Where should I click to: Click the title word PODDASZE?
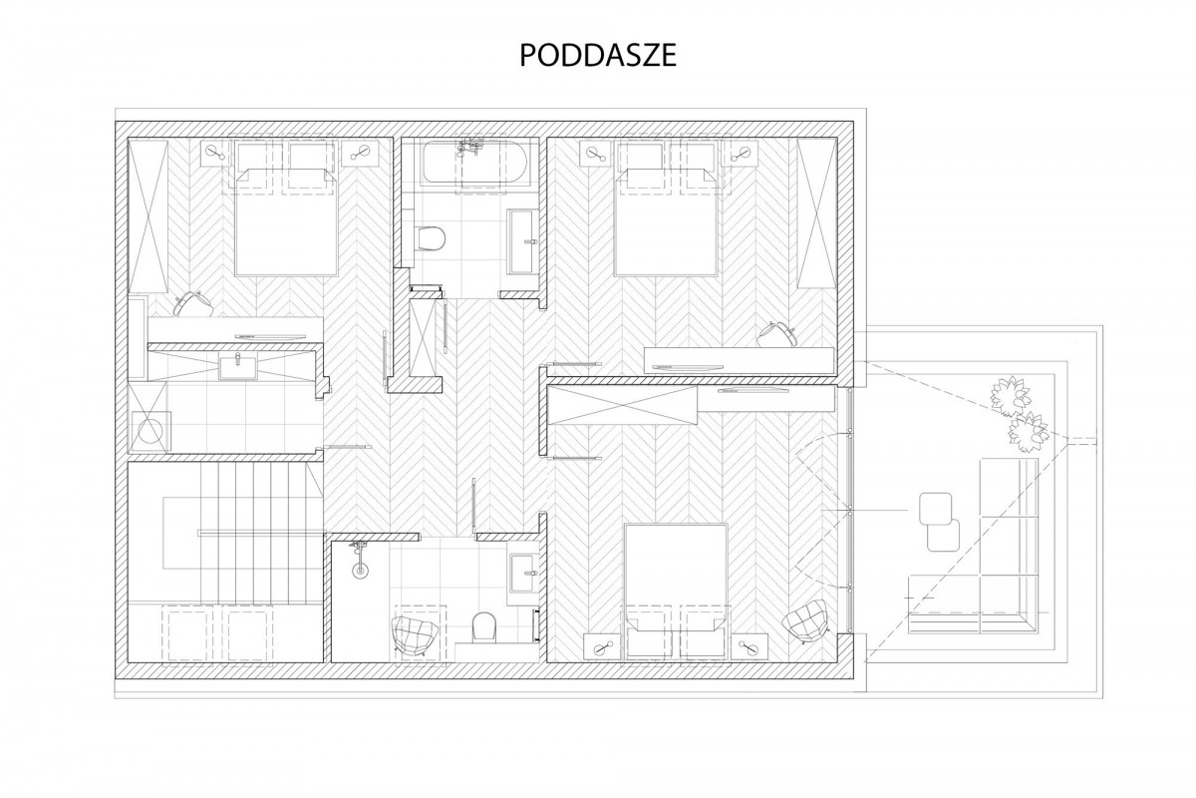click(x=598, y=55)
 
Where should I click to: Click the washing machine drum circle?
click(x=152, y=431)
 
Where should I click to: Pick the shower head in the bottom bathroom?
click(x=360, y=559)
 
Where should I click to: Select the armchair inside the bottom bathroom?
click(x=416, y=636)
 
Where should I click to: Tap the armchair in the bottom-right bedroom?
click(x=805, y=621)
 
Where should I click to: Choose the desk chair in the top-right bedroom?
click(x=776, y=334)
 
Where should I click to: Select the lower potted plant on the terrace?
click(x=1028, y=432)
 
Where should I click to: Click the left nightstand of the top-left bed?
click(x=216, y=154)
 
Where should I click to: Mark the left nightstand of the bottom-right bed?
click(x=602, y=646)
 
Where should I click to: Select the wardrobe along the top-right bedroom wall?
click(x=816, y=213)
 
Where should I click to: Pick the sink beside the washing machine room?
click(x=237, y=367)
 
